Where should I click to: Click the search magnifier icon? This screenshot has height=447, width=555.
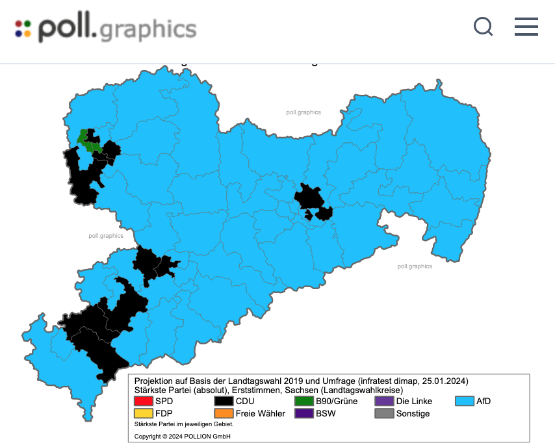483,27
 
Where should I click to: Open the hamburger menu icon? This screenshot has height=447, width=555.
526,27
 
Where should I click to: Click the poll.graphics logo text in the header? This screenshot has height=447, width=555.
117,29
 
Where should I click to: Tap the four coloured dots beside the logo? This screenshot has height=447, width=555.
23,29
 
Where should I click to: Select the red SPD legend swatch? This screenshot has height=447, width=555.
144,401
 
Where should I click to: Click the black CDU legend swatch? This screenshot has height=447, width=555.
224,401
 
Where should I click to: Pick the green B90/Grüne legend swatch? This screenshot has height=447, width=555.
304,401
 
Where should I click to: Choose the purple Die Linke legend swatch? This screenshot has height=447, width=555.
385,401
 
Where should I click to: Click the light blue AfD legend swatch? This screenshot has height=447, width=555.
465,401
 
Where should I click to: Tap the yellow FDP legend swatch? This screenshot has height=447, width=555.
144,413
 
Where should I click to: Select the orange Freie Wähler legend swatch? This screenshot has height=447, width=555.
224,413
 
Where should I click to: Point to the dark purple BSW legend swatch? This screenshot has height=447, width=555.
304,413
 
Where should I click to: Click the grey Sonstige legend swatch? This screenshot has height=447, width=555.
385,413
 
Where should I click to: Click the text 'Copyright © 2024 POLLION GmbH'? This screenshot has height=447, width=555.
183,436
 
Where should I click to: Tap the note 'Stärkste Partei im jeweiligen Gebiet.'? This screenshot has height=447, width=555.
184,424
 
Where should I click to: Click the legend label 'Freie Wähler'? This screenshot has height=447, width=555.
260,413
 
